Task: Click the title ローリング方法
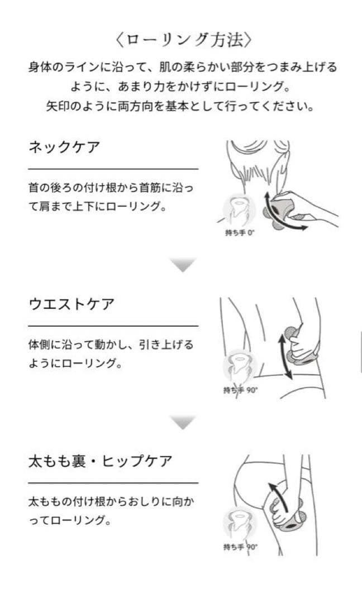click(x=181, y=40)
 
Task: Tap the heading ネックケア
click(x=64, y=149)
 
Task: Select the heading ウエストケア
click(x=72, y=305)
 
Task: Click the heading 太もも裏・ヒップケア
click(x=100, y=462)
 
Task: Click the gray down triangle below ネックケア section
click(x=183, y=265)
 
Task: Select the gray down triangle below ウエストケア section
click(x=183, y=422)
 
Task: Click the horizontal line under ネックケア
click(x=113, y=169)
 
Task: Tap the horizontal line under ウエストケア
click(x=113, y=326)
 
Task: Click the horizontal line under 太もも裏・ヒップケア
click(x=113, y=482)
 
